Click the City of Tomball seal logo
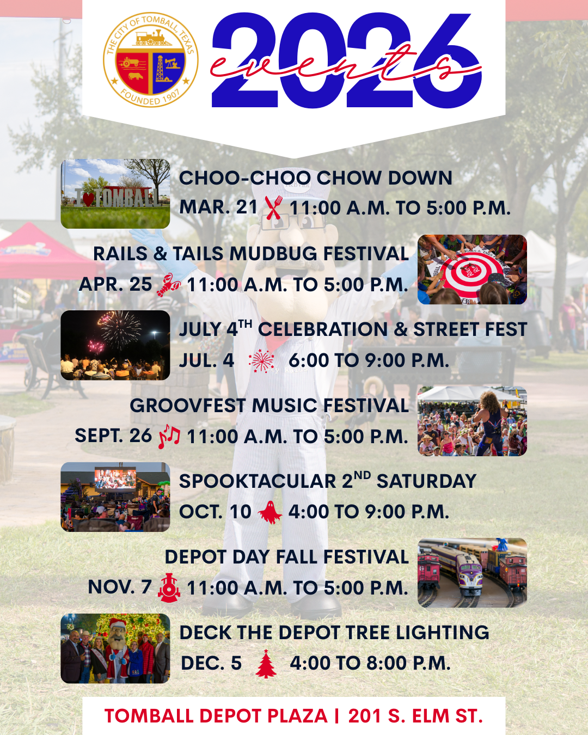point(151,59)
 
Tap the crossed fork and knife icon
point(273,207)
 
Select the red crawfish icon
point(168,285)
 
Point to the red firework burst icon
point(262,361)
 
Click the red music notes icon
point(169,437)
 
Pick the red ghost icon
point(270,512)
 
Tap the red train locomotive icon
point(169,587)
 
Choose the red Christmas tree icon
point(266,664)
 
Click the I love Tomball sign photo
point(115,194)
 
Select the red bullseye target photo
point(472,269)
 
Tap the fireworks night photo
point(115,345)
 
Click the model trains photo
point(472,572)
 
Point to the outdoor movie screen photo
point(115,497)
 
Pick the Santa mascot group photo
point(115,648)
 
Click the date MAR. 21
point(218,207)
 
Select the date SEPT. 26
point(113,436)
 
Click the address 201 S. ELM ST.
point(415,716)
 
